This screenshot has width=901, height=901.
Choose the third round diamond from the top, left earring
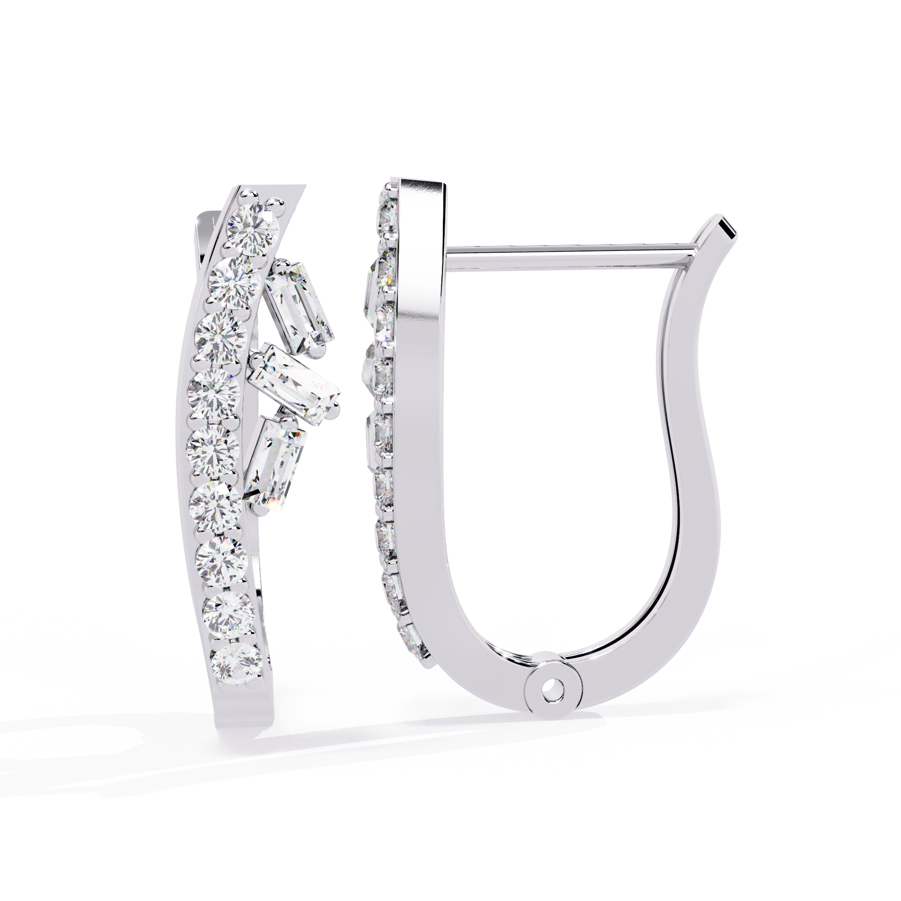point(221,337)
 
